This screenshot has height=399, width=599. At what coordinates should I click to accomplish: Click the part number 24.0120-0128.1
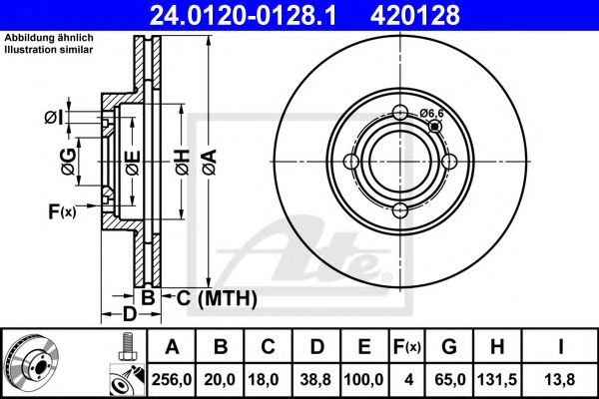tap(268, 15)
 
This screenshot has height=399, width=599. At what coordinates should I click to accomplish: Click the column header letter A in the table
tap(173, 347)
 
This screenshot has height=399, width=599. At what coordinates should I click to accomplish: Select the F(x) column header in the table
tap(406, 347)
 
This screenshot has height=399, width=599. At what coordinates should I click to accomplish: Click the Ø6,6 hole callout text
tap(431, 114)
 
